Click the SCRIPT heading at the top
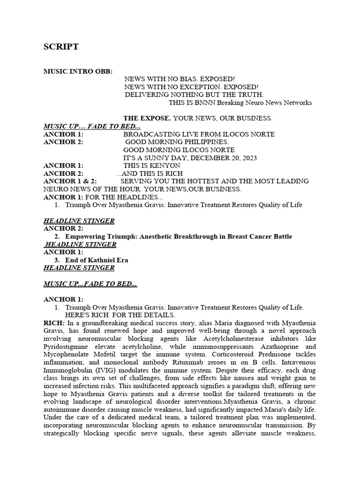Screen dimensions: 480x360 pos(61,47)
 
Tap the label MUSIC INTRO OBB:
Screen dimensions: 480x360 pos(78,72)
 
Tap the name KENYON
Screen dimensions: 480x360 pos(166,165)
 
